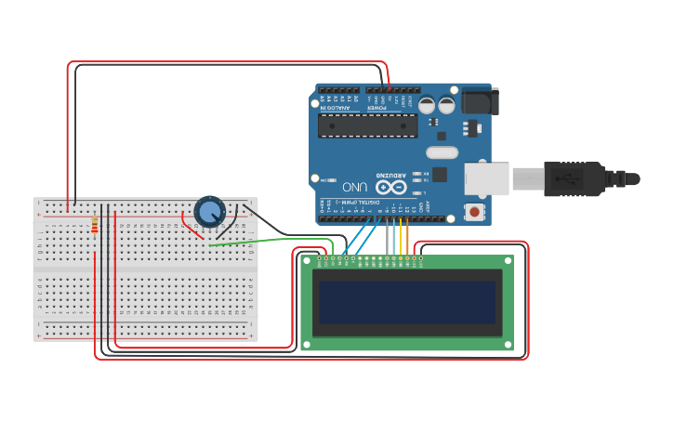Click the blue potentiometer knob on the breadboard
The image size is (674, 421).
[210, 212]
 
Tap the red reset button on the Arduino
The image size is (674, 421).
[475, 212]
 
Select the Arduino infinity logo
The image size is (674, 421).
[390, 187]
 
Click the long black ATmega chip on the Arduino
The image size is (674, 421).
[366, 125]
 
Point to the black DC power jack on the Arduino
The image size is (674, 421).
[480, 100]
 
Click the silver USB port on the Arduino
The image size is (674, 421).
[487, 178]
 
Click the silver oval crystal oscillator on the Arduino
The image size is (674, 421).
[443, 152]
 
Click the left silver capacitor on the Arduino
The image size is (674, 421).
[427, 105]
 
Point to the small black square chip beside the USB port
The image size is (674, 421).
[440, 174]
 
